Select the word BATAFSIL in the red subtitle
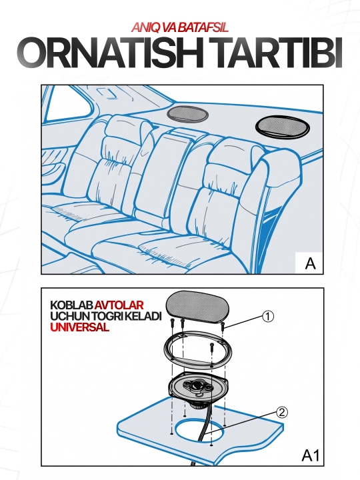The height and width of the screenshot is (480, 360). [203, 28]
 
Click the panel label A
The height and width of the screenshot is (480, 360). [310, 263]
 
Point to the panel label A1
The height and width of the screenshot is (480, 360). [311, 455]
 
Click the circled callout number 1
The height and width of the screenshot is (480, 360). [268, 317]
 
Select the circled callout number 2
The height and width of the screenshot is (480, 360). [282, 413]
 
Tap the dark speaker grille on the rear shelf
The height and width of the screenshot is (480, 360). [282, 127]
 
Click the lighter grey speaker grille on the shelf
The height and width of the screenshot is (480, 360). [187, 114]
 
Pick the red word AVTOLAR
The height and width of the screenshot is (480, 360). [119, 305]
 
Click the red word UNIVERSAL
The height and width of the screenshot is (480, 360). [79, 327]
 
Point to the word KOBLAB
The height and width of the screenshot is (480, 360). [71, 305]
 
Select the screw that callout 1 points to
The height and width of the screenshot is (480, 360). [223, 326]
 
